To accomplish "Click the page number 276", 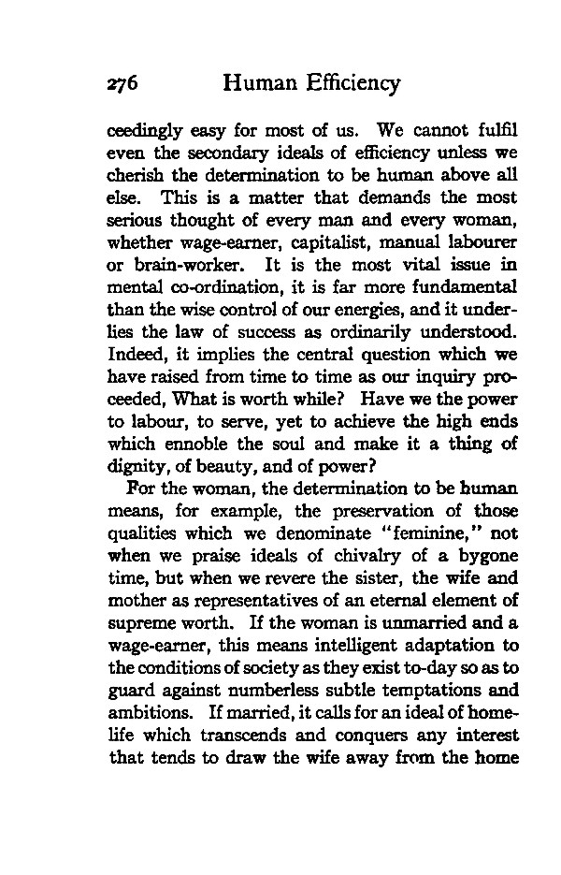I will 122,83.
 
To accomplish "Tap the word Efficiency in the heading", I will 348,83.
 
